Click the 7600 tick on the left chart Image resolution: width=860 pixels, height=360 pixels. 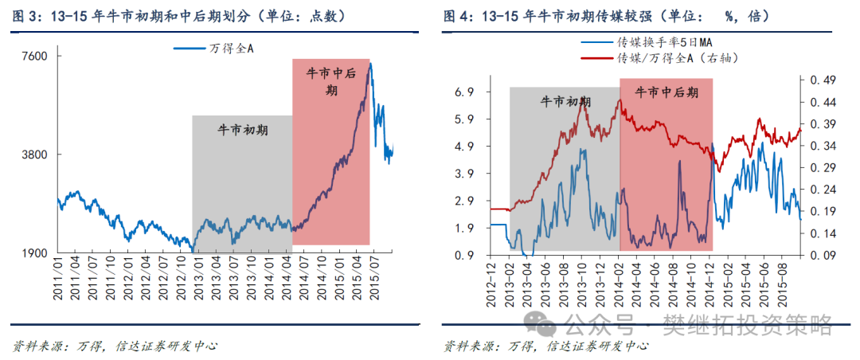click(x=36, y=57)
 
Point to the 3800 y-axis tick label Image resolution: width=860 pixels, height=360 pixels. click(x=36, y=155)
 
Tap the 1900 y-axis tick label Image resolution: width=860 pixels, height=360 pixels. click(x=36, y=254)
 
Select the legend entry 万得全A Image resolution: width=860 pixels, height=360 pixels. click(x=215, y=49)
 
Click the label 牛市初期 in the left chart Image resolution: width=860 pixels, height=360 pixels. click(x=242, y=130)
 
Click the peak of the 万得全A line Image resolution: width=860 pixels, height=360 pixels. click(x=369, y=64)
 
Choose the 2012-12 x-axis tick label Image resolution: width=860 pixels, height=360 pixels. click(x=491, y=283)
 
